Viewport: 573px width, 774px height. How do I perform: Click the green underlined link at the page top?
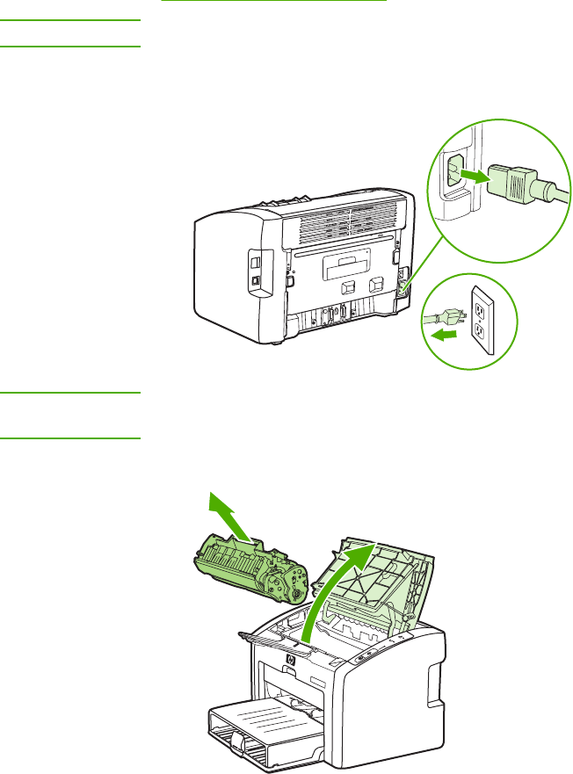[x=274, y=2]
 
